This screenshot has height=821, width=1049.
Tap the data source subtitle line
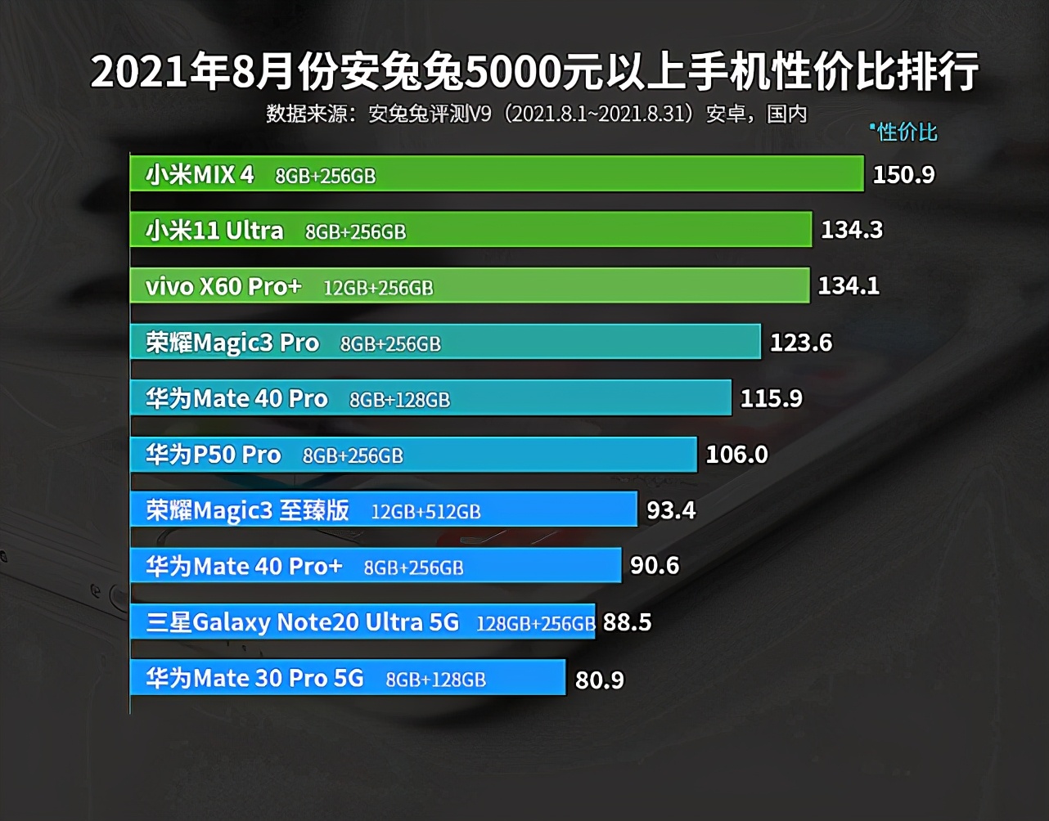pyautogui.click(x=536, y=114)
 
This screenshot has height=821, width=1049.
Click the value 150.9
pyautogui.click(x=903, y=174)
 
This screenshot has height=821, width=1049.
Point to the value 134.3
pyautogui.click(x=852, y=230)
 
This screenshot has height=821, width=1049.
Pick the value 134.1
pyautogui.click(x=849, y=285)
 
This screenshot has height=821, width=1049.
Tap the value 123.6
pyautogui.click(x=801, y=342)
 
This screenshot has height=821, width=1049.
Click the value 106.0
pyautogui.click(x=736, y=454)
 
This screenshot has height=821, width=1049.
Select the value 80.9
pyautogui.click(x=600, y=679)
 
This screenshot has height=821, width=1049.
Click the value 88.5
pyautogui.click(x=627, y=622)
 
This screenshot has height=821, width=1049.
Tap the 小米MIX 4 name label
pyautogui.click(x=200, y=174)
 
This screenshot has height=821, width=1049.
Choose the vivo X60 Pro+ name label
pyautogui.click(x=223, y=286)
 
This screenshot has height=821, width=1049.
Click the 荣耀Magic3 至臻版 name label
pyautogui.click(x=248, y=510)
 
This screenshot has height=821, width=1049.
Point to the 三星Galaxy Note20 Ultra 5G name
pyautogui.click(x=303, y=622)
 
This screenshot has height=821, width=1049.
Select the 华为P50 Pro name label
pyautogui.click(x=214, y=455)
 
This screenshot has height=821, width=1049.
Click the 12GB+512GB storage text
pyautogui.click(x=425, y=512)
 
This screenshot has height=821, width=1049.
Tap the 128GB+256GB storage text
pyautogui.click(x=535, y=624)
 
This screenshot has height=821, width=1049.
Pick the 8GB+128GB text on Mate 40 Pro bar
pyautogui.click(x=399, y=400)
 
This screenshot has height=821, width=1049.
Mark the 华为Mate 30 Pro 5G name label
pyautogui.click(x=254, y=678)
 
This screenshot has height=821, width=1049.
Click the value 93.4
pyautogui.click(x=671, y=510)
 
